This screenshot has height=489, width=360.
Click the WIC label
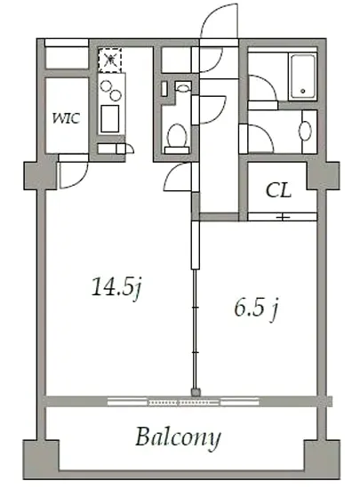[x=66, y=118]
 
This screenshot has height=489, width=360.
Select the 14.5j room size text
[x=116, y=287]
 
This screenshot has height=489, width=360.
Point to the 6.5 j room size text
[x=256, y=309]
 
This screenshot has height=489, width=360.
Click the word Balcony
[x=179, y=437]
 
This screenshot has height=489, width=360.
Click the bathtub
[x=302, y=76]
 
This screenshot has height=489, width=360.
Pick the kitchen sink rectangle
[x=109, y=118]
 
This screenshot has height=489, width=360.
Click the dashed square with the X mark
[x=109, y=60]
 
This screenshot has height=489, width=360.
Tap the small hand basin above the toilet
[x=183, y=86]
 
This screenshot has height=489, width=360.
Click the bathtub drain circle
[x=302, y=91]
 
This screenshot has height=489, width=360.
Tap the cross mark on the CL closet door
[x=283, y=217]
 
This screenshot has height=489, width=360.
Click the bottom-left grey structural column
[x=41, y=459]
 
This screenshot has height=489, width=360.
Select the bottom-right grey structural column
[x=322, y=459]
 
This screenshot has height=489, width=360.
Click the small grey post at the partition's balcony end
[x=196, y=392]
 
